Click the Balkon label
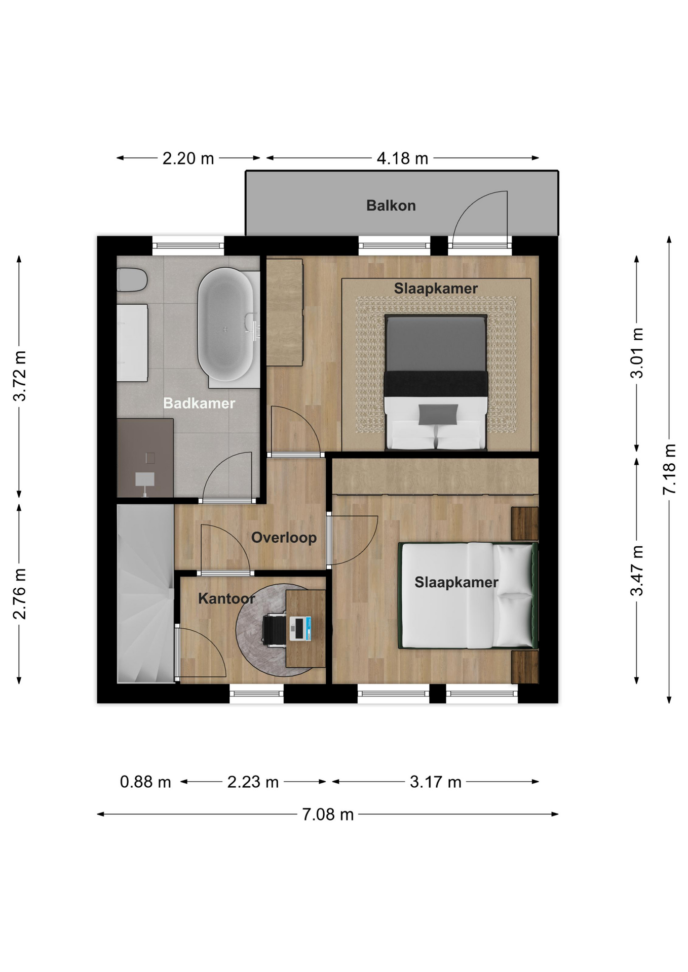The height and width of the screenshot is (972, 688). (391, 206)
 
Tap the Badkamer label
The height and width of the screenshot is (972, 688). (199, 403)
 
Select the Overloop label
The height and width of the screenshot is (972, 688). (284, 538)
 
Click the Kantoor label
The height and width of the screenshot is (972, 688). (226, 598)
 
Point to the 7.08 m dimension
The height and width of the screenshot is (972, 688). (328, 815)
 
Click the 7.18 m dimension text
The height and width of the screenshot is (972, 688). (669, 469)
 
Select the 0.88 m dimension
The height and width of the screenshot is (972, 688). (145, 782)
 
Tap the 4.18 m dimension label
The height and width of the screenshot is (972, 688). (402, 158)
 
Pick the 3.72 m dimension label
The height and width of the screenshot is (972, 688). (20, 376)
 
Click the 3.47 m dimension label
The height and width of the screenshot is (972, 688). (637, 571)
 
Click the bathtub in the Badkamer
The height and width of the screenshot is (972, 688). (225, 325)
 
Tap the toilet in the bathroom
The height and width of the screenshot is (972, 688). (132, 280)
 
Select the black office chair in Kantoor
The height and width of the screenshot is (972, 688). (274, 629)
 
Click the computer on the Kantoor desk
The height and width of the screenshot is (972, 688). (300, 629)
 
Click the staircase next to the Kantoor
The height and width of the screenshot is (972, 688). (145, 593)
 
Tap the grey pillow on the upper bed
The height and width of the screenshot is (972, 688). (438, 415)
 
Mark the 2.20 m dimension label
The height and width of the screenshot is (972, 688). (188, 158)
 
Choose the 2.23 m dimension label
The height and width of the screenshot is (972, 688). (253, 782)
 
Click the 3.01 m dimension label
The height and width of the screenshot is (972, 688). (637, 353)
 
